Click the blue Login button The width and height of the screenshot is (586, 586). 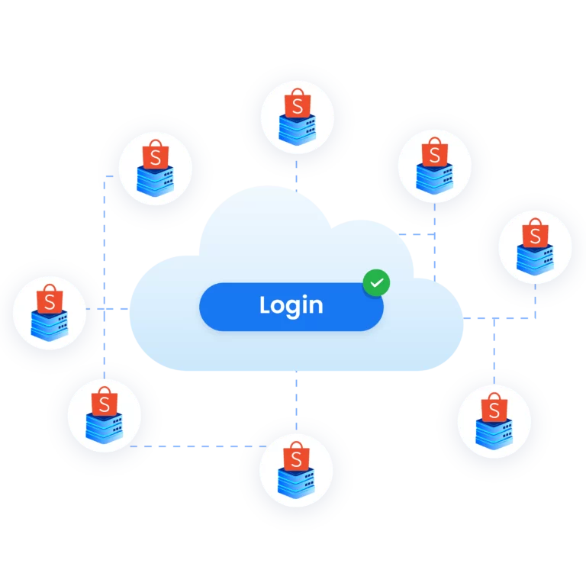(291, 307)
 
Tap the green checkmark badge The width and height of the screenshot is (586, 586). (376, 282)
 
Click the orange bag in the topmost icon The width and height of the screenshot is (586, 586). (298, 103)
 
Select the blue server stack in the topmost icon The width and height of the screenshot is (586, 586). (298, 129)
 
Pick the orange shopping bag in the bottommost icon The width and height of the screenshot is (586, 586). (296, 456)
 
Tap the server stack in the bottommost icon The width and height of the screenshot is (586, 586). (296, 483)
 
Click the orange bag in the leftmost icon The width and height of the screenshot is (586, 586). (50, 299)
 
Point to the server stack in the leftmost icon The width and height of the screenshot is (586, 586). (50, 326)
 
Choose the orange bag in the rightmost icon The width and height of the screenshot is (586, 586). (535, 233)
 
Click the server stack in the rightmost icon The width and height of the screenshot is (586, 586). (535, 259)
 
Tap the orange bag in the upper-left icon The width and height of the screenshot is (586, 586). (156, 155)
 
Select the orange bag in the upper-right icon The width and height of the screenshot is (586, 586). (435, 152)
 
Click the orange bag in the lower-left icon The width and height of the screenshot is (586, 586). (105, 401)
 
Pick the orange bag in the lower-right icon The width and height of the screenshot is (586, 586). (494, 407)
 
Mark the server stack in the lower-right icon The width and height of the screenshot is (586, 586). (494, 434)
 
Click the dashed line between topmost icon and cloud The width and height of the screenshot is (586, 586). (296, 176)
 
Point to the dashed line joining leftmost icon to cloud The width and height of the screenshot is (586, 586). (108, 309)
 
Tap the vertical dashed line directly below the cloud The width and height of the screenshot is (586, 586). (296, 401)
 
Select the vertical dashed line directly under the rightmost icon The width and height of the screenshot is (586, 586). (535, 301)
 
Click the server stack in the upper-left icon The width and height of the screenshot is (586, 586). (156, 181)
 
